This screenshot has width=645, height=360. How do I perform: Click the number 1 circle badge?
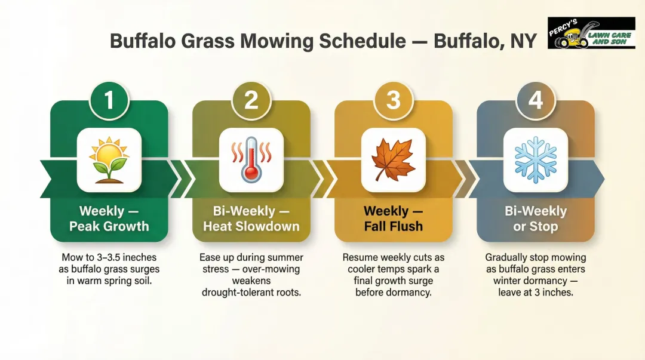(x=109, y=100)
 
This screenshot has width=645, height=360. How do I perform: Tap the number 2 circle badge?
(x=251, y=100)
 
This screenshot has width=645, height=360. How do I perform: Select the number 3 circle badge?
(x=393, y=100)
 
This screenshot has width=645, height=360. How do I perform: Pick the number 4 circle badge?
(x=535, y=100)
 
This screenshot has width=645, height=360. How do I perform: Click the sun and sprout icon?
(x=109, y=159)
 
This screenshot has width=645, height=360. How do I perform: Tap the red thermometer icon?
(x=251, y=159)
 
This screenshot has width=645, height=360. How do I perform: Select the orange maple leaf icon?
(x=393, y=159)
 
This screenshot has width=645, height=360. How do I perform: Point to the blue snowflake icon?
(x=535, y=159)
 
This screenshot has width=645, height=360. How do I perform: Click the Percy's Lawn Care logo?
(x=591, y=33)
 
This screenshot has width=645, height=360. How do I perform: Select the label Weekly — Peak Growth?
(x=109, y=219)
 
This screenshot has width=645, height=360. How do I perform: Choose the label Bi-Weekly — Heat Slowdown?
(x=251, y=219)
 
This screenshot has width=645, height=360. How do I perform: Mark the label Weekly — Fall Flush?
(x=393, y=219)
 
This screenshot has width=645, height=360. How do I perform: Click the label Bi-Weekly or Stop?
(x=535, y=219)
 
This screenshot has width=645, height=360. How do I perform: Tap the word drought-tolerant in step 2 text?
(x=236, y=293)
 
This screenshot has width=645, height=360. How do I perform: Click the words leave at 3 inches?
(x=535, y=293)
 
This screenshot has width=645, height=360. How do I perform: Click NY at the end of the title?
(x=521, y=41)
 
